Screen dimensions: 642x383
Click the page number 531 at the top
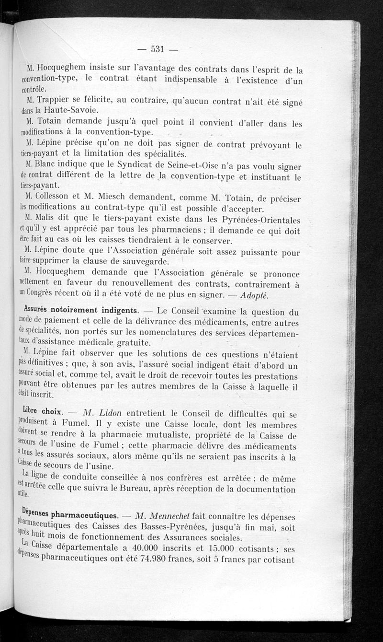tap(158, 48)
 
